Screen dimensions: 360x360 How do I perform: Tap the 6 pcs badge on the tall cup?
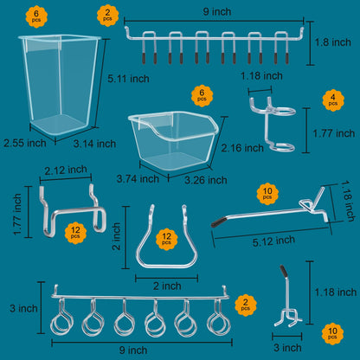36,16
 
